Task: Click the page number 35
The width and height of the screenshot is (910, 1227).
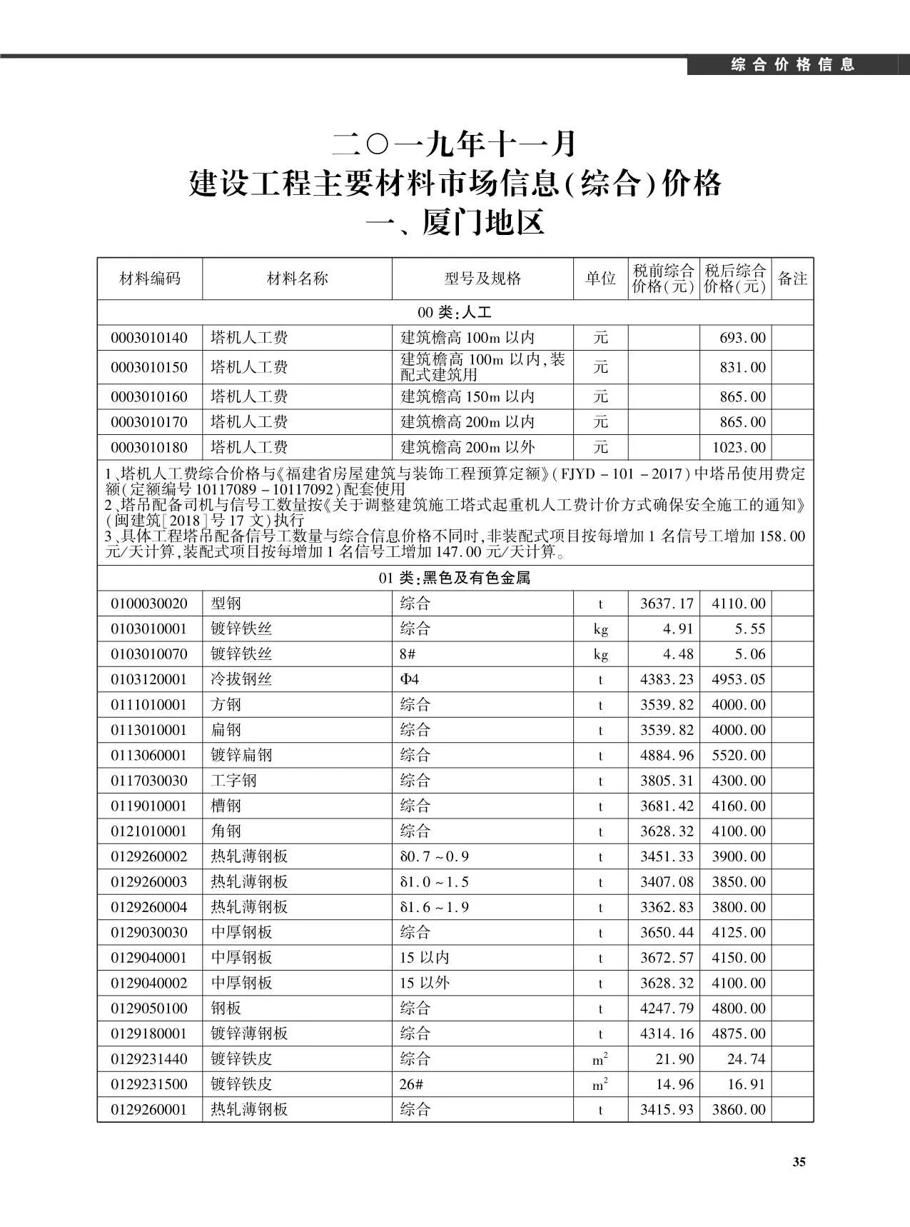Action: [799, 1162]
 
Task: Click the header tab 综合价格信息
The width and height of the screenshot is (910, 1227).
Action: [793, 65]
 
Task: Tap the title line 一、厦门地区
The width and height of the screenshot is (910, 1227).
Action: [455, 223]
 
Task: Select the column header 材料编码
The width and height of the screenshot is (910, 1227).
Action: [150, 279]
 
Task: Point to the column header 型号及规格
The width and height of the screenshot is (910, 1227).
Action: [482, 279]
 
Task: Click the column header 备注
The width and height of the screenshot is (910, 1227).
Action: [792, 279]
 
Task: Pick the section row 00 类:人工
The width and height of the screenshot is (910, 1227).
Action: [455, 312]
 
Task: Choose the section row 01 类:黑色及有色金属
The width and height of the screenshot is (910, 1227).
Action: [455, 578]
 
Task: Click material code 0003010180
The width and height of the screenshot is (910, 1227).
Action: [149, 448]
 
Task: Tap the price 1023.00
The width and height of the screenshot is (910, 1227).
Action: [739, 448]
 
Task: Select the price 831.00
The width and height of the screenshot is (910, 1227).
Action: [742, 367]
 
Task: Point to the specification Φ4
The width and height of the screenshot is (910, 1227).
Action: [410, 679]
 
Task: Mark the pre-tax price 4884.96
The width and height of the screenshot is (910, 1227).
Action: [667, 755]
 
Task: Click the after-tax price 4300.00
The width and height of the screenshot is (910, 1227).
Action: [738, 781]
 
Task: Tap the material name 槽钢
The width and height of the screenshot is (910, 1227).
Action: [226, 806]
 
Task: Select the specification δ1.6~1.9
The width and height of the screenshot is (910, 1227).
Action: [434, 907]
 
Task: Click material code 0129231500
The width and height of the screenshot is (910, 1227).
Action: [149, 1084]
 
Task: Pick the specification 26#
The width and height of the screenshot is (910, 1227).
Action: [411, 1084]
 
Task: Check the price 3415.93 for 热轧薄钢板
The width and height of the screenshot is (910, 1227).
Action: [667, 1109]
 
